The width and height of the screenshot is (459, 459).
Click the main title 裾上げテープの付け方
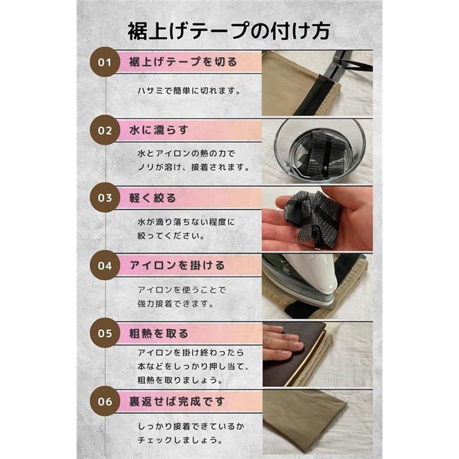click(229, 31)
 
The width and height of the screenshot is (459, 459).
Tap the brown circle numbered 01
click(105, 62)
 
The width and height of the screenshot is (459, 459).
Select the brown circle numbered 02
click(105, 130)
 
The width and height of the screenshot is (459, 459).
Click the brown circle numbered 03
click(105, 198)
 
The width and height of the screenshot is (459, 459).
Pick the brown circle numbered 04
click(105, 265)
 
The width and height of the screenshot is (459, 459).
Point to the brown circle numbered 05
click(105, 333)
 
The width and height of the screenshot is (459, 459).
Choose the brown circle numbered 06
click(105, 401)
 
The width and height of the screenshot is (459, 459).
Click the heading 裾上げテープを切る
click(183, 62)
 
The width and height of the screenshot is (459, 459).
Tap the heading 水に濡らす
click(158, 130)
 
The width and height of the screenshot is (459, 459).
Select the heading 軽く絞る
click(152, 198)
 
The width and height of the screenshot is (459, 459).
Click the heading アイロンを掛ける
click(177, 265)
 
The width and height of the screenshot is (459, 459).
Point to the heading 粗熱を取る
click(158, 333)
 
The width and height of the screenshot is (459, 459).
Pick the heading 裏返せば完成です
click(177, 402)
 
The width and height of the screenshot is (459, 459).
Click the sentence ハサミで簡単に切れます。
click(189, 91)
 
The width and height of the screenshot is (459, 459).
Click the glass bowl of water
click(319, 150)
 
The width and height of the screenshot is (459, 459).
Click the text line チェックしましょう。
click(180, 440)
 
